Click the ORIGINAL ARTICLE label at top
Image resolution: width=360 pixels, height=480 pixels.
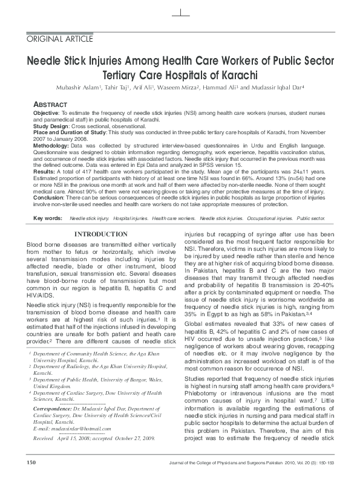[60, 39]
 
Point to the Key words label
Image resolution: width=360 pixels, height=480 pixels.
[47, 217]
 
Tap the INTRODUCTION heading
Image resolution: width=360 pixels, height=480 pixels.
[100, 234]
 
